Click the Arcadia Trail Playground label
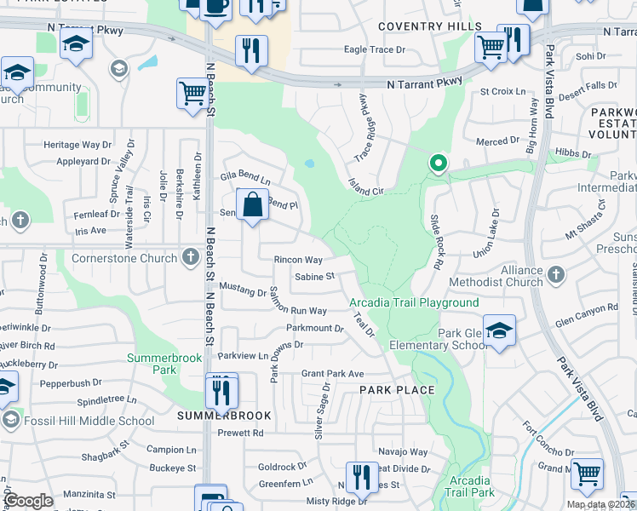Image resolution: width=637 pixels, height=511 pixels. click(414, 302)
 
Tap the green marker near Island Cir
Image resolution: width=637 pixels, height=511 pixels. click(438, 162)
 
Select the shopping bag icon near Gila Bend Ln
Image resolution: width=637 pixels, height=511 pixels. click(253, 205)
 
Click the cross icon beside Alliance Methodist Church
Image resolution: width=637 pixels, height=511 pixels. click(556, 274)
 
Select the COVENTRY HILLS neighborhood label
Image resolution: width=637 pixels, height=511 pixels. click(423, 27)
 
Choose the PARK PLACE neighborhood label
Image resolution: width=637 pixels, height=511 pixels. click(397, 390)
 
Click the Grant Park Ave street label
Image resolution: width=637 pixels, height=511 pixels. click(332, 374)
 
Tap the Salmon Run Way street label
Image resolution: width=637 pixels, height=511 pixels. click(298, 302)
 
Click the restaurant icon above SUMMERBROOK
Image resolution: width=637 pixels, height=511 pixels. click(221, 393)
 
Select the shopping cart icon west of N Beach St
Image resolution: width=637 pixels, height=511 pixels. click(193, 95)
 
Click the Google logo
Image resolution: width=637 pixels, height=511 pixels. click(28, 501)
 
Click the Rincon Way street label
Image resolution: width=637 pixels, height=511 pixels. click(298, 260)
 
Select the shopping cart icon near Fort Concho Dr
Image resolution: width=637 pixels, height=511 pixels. click(587, 474)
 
